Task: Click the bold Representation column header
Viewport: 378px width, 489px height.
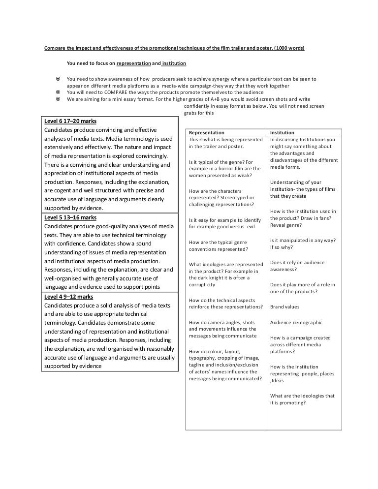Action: point(207,132)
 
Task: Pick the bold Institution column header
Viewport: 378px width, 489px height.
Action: point(282,132)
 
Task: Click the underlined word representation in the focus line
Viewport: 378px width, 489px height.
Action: point(133,63)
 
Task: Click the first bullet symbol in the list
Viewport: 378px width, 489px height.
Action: point(58,79)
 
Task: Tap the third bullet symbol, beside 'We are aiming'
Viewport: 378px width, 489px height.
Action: point(58,98)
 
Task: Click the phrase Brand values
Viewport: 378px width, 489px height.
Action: point(284,307)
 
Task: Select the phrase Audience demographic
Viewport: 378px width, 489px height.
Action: point(296,323)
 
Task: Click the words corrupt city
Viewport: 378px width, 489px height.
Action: point(202,285)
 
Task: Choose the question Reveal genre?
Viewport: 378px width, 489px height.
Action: point(286,225)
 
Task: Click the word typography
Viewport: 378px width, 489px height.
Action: point(203,358)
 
